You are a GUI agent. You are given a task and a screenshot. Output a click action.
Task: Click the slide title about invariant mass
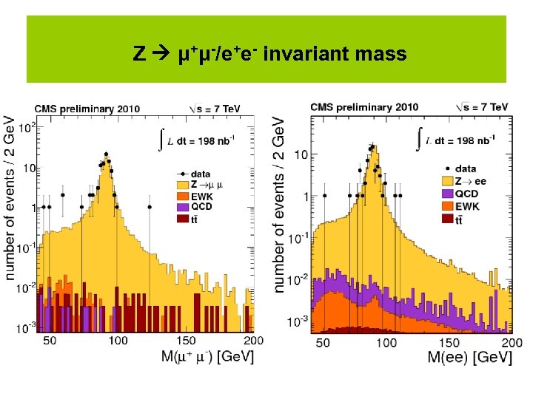pos(269,54)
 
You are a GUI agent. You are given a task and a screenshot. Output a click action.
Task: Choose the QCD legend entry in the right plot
pos(467,193)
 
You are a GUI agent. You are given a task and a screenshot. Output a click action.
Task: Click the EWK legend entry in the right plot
pos(467,205)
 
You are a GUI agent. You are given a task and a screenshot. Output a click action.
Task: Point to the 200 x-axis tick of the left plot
pos(253,341)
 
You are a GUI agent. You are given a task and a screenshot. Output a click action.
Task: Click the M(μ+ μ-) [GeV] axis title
pos(207,357)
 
